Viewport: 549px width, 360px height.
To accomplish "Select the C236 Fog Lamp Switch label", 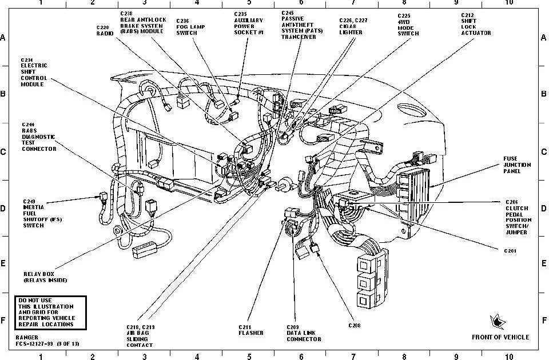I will click(187, 26).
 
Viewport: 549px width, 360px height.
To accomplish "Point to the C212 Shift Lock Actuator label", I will click(476, 23).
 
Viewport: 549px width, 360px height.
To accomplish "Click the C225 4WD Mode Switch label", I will click(408, 24).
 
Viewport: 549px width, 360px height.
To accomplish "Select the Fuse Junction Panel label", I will click(517, 165).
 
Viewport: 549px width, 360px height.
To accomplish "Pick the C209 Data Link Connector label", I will click(303, 333).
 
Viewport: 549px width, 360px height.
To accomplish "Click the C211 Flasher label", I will click(251, 330).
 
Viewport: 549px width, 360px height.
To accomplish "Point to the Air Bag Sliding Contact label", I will click(140, 336).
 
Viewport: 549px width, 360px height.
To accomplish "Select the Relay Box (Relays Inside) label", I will click(45, 277).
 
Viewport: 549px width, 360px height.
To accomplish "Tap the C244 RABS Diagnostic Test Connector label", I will click(39, 137).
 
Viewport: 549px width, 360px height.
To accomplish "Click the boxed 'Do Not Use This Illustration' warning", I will click(50, 311).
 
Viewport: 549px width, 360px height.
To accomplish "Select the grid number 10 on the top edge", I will click(509, 2).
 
